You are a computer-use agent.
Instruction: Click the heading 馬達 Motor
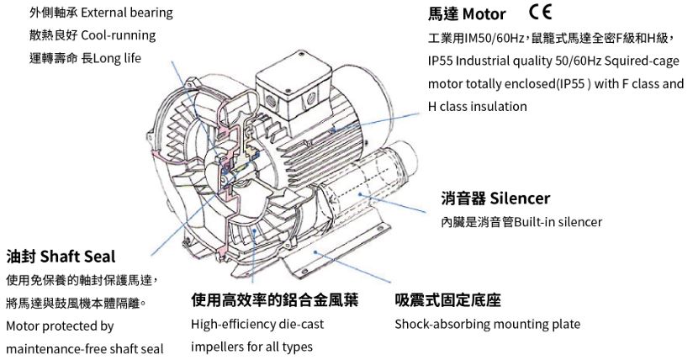pyautogui.click(x=467, y=14)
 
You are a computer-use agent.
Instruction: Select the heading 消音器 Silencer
pyautogui.click(x=495, y=199)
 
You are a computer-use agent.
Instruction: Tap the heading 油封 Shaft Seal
pyautogui.click(x=61, y=256)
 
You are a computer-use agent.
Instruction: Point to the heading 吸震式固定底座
pyautogui.click(x=447, y=300)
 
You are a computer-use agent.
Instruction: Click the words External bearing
pyautogui.click(x=126, y=13)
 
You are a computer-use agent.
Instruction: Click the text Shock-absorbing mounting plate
pyautogui.click(x=487, y=324)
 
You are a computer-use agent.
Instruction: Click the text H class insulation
pyautogui.click(x=478, y=107)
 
